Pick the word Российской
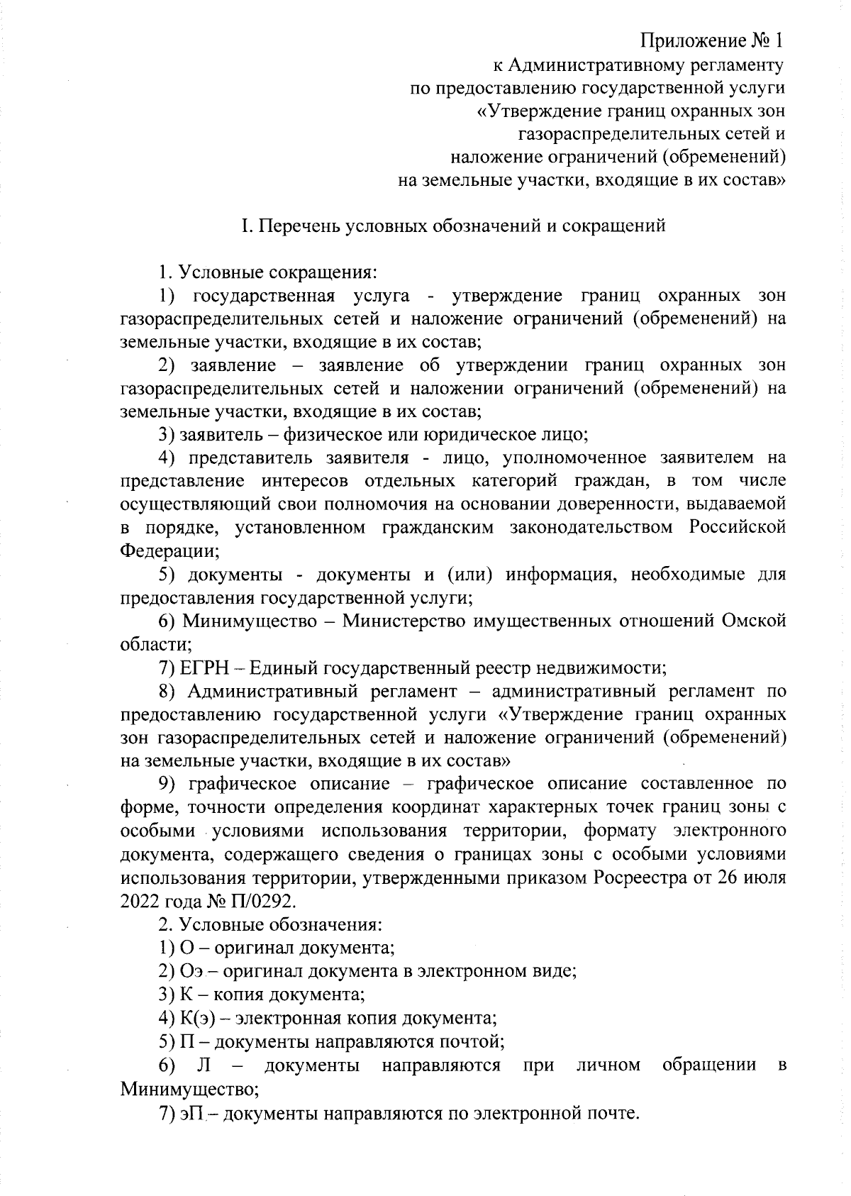[737, 528]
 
